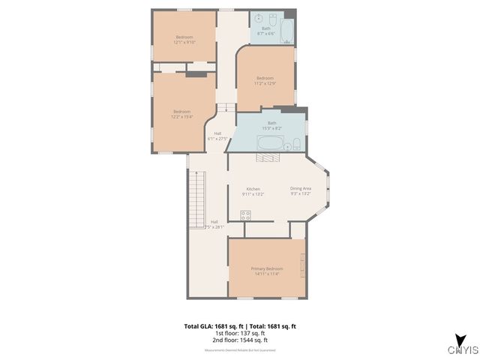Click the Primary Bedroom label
tap(267, 268)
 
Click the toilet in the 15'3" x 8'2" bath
tap(297, 144)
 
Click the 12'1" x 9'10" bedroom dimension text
tap(184, 42)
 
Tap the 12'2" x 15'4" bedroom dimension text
tap(182, 117)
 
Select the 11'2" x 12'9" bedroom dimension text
tap(265, 83)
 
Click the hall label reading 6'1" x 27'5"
tap(217, 138)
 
